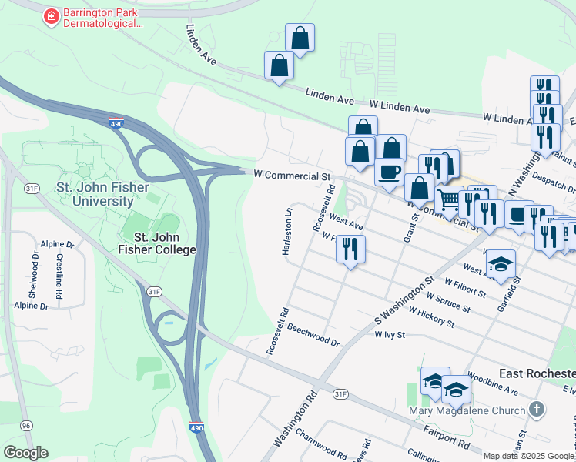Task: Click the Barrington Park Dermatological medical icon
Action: tap(52, 15)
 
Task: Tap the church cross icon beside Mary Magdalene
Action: tap(537, 409)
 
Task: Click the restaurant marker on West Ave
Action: tap(351, 249)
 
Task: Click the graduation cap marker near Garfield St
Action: tap(501, 264)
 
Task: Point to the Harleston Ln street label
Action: tap(287, 229)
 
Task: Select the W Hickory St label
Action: tap(432, 316)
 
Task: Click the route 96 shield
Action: tap(27, 425)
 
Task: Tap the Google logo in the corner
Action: tap(25, 453)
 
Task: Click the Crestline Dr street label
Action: tap(59, 274)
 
